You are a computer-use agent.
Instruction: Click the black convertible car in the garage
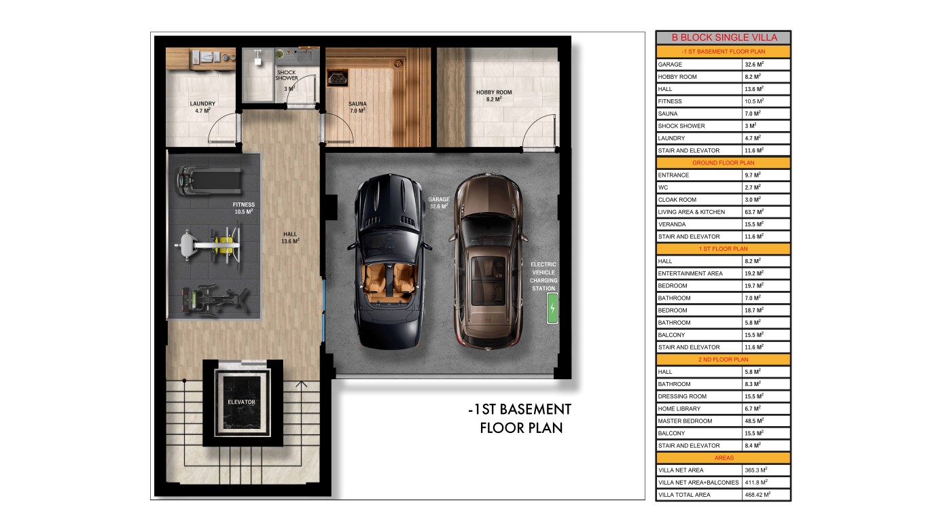389,261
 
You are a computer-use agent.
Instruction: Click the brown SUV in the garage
488,261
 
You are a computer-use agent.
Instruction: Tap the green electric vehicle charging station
552,308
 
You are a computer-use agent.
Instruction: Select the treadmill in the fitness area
209,181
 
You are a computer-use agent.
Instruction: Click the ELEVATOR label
242,402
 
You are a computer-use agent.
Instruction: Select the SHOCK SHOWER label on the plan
287,75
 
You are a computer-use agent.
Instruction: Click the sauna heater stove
338,78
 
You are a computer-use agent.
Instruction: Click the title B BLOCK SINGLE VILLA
724,37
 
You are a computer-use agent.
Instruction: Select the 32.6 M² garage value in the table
754,65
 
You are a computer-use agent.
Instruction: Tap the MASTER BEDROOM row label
685,421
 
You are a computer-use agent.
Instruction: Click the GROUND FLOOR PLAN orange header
724,163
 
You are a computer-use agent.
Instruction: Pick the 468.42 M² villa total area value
757,495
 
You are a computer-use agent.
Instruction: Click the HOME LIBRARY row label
679,408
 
